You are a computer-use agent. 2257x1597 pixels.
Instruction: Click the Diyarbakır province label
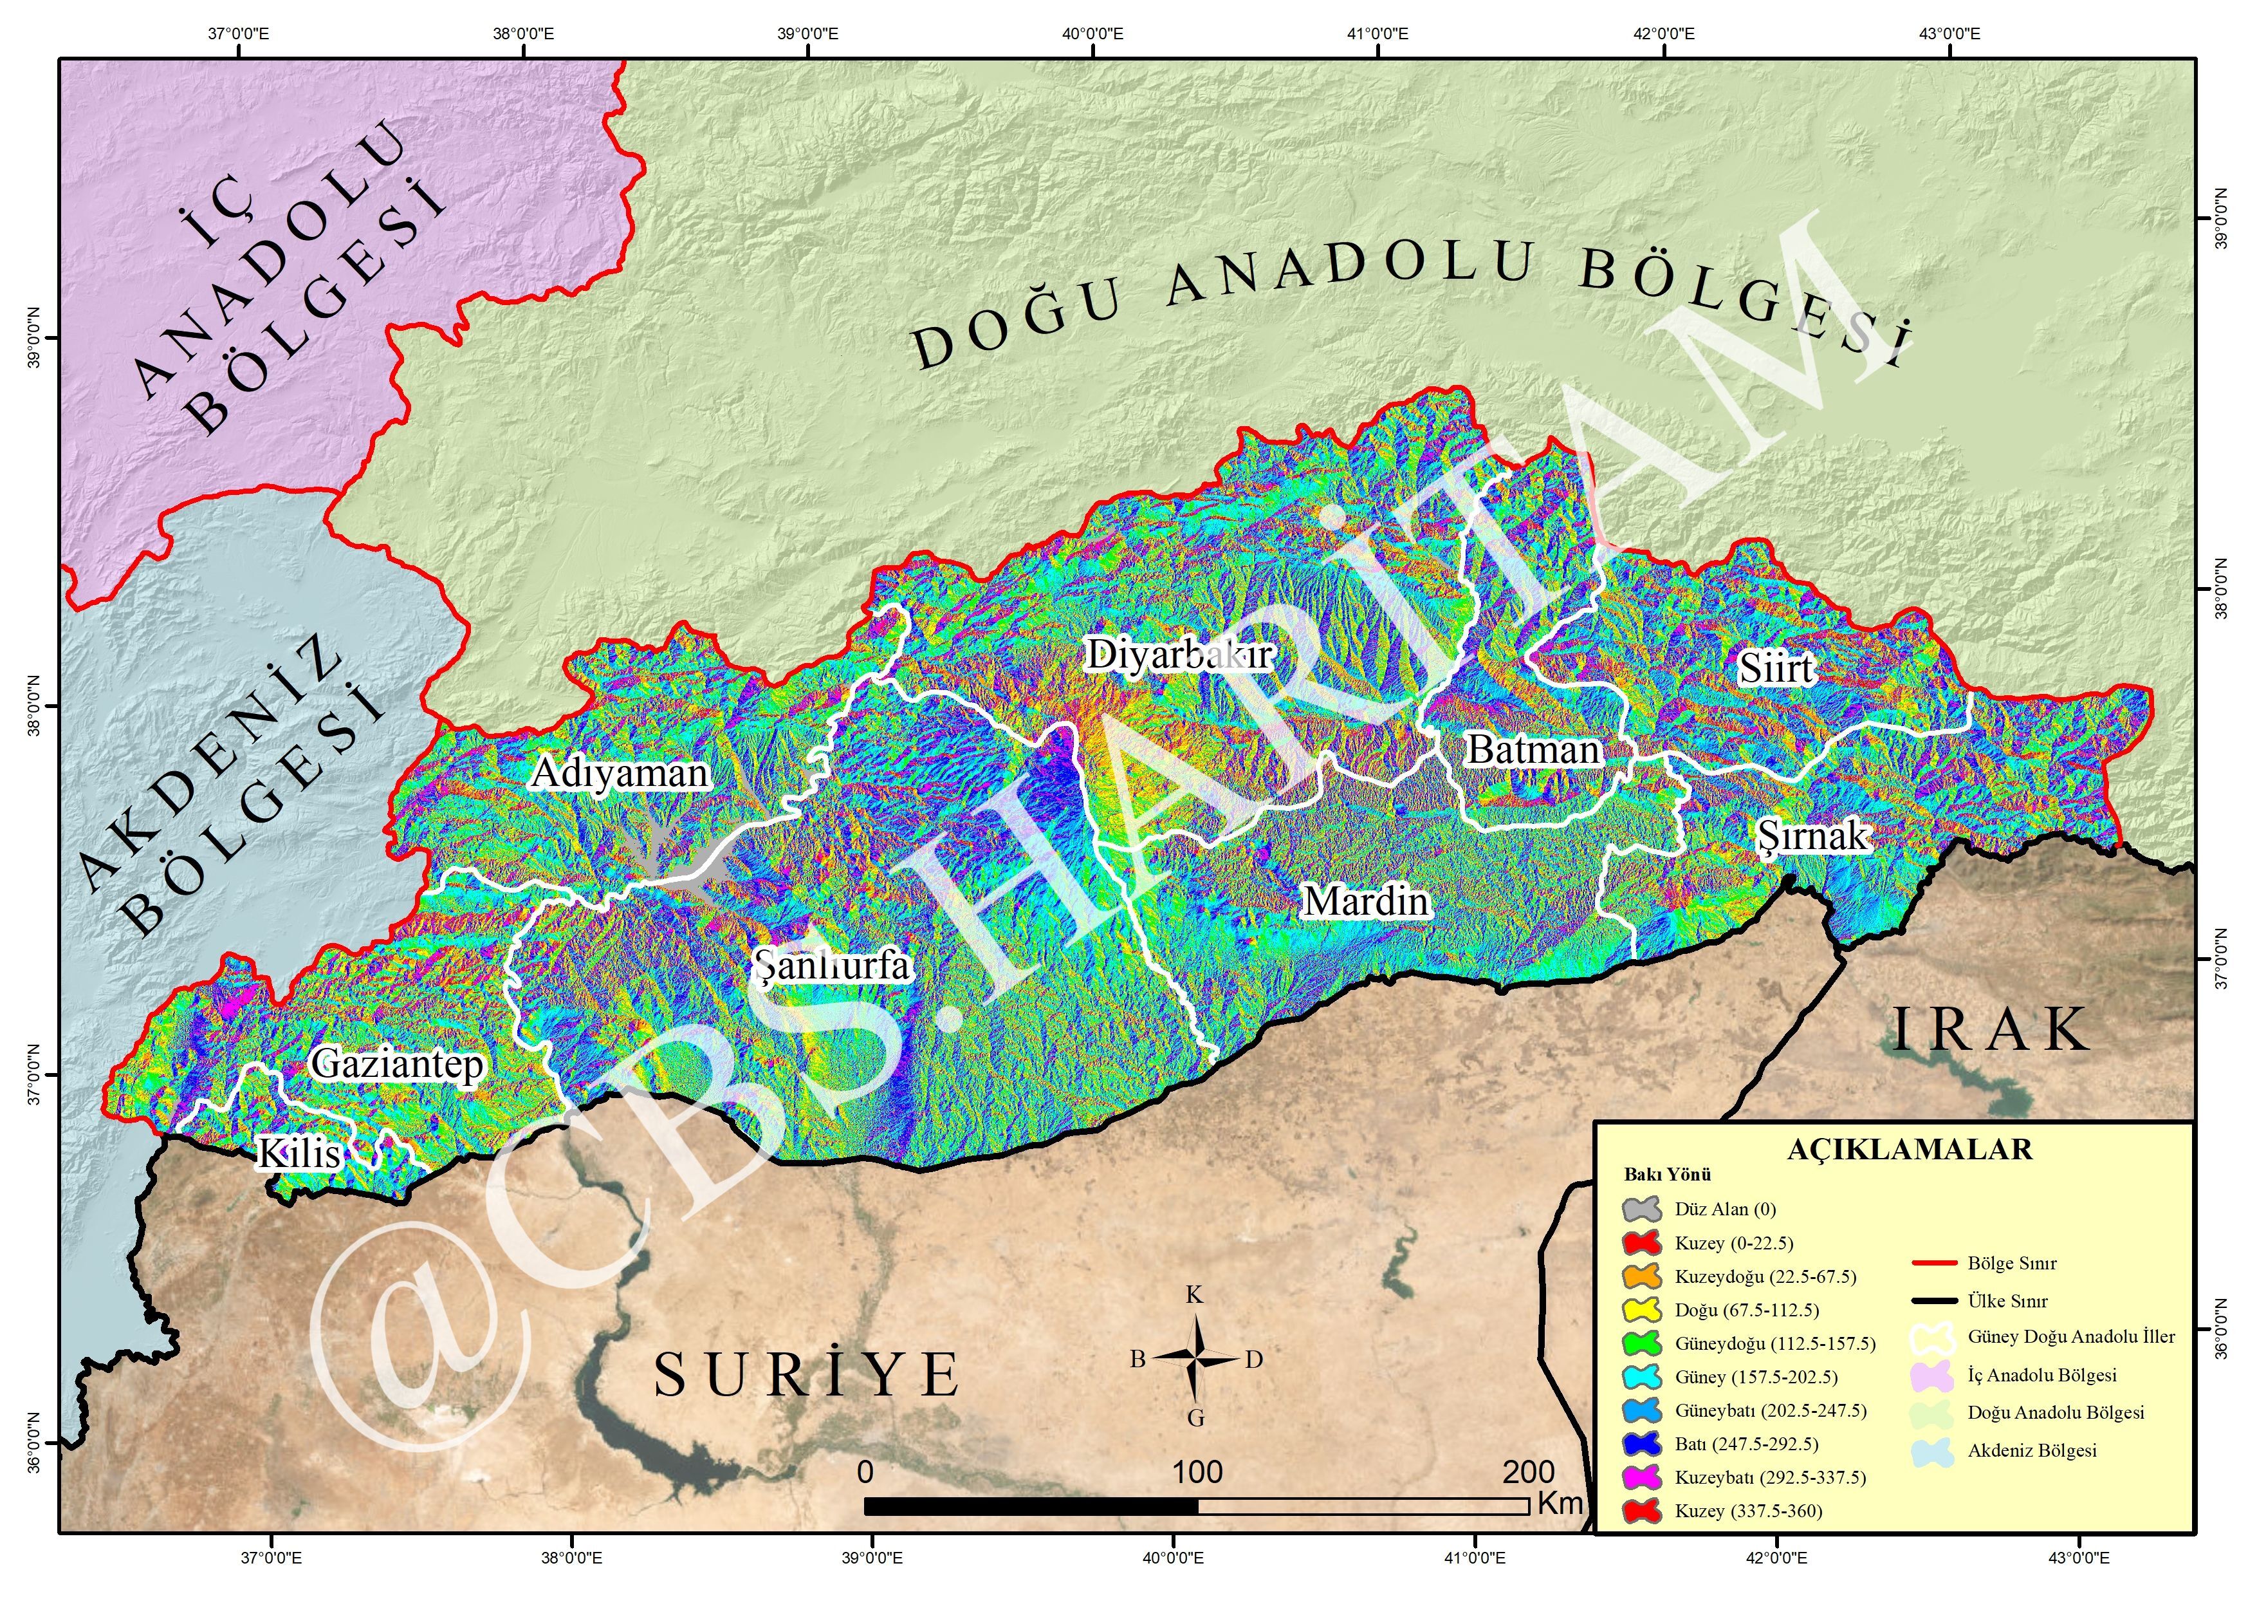(1179, 654)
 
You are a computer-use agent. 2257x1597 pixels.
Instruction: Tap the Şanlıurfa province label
(833, 965)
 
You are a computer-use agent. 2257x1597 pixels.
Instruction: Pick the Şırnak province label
(1812, 836)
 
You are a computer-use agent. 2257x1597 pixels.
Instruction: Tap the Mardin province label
(1365, 901)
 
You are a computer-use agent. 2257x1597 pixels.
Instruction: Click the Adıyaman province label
(620, 773)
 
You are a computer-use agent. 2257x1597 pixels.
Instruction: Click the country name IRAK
(1991, 1030)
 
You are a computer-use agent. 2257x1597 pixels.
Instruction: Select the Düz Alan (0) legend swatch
(1642, 1209)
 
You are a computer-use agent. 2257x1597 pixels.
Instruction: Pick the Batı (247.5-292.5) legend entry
(1746, 1444)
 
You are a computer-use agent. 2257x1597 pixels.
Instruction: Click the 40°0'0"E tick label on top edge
(1092, 33)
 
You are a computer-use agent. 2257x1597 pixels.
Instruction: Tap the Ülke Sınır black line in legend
(1933, 1301)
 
